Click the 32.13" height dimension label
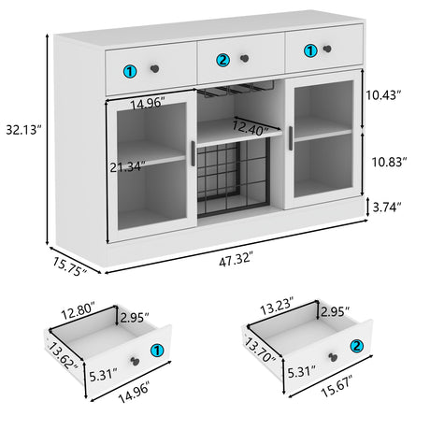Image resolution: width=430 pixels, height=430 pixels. click(23, 130)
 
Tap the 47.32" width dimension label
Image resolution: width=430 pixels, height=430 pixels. click(236, 260)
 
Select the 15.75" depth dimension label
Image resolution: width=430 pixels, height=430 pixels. click(69, 266)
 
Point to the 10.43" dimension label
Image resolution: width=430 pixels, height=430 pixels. click(383, 95)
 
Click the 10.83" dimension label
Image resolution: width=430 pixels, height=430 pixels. click(390, 162)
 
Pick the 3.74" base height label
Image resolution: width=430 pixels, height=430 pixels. click(386, 207)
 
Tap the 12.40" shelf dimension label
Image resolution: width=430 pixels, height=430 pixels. click(251, 128)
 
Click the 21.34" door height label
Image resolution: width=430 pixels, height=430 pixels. click(127, 167)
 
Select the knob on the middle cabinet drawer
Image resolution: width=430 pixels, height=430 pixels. click(245, 58)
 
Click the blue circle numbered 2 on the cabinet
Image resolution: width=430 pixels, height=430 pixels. click(222, 60)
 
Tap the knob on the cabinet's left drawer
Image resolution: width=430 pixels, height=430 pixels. click(154, 68)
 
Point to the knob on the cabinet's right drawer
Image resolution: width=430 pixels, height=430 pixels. click(327, 49)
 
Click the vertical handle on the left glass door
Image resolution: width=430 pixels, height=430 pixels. click(193, 153)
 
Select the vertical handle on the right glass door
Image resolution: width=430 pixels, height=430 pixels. click(291, 138)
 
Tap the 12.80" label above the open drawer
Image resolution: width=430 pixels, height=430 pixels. click(78, 310)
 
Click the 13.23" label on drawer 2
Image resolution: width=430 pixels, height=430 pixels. click(277, 306)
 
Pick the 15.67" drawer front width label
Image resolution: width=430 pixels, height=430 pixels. click(337, 386)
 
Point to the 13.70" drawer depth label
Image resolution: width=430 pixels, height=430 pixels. click(260, 351)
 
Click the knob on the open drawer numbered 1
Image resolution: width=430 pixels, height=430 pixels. click(135, 361)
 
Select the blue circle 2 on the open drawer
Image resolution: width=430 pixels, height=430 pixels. click(357, 346)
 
